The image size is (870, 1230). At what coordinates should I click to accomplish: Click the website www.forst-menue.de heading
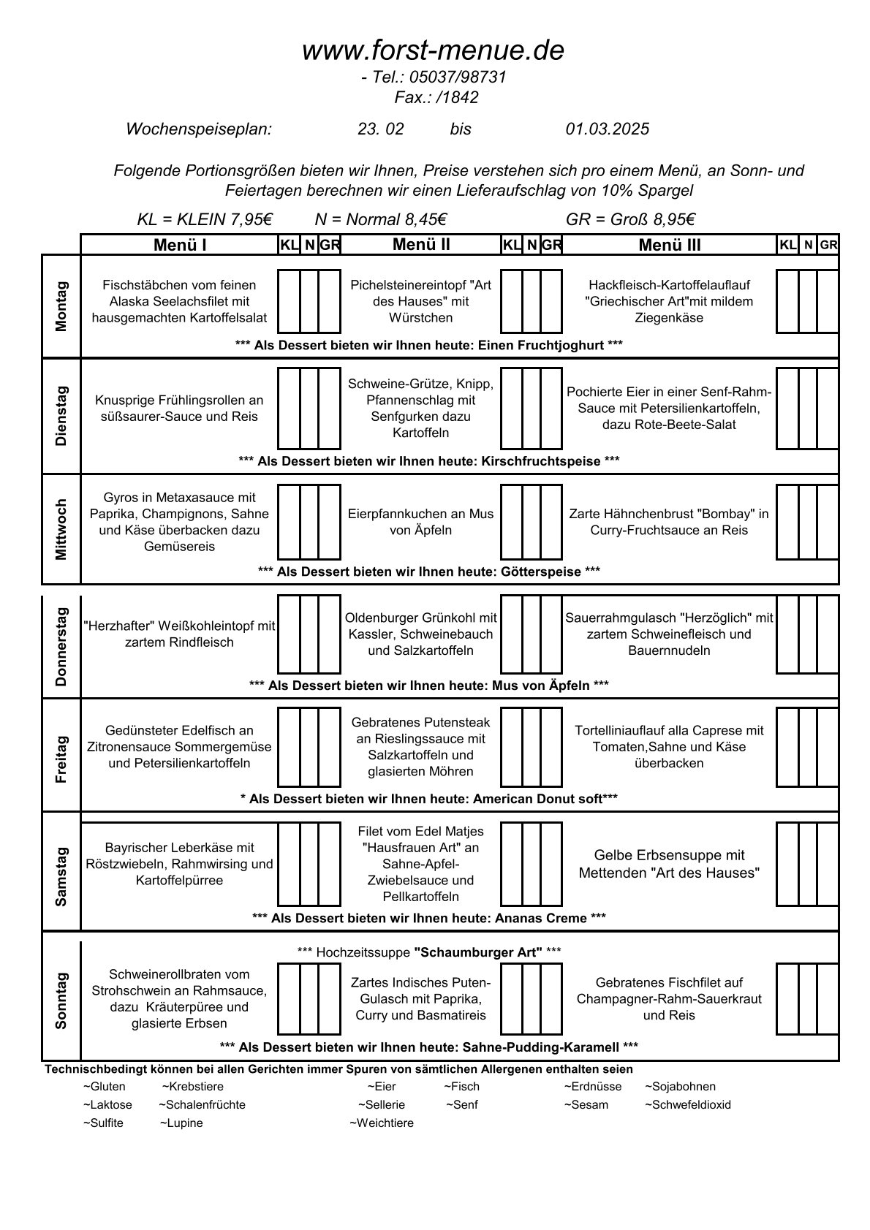click(x=433, y=51)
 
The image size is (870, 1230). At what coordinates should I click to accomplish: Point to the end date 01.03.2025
click(x=607, y=129)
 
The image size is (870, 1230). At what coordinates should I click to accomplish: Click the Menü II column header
click(x=421, y=245)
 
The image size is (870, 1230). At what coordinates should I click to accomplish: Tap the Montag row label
click(x=61, y=305)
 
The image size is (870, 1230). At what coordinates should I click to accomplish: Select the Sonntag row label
click(x=61, y=1000)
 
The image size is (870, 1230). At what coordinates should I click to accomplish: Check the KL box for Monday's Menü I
click(x=289, y=301)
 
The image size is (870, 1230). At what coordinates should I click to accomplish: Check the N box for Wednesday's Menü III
click(x=807, y=522)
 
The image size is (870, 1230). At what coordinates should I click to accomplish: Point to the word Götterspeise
click(x=541, y=572)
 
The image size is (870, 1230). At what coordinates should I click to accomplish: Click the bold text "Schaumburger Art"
click(x=478, y=952)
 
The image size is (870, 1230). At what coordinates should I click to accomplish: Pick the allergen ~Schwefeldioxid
click(x=687, y=1104)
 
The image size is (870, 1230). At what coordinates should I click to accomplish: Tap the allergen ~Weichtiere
click(x=382, y=1123)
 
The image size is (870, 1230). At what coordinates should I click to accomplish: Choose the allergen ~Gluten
click(x=105, y=1086)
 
